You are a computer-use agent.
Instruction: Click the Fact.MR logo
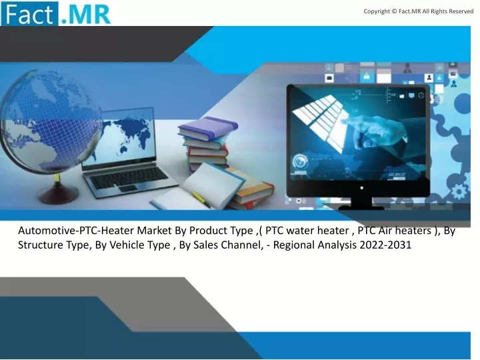point(56,13)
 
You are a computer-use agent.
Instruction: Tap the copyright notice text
point(419,11)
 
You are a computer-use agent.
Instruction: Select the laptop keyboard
point(129,178)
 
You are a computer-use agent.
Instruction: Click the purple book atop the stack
point(208,127)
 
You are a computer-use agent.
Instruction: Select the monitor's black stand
point(361,204)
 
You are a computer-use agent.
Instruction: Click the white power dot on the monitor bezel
point(361,187)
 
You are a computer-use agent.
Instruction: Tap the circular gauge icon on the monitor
point(300,161)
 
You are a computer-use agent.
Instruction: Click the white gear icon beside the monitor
point(459,192)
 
